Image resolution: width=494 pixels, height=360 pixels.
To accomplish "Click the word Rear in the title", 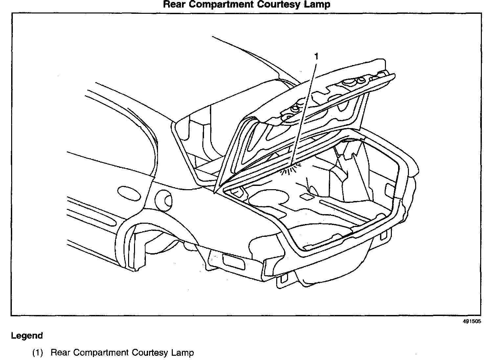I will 175,5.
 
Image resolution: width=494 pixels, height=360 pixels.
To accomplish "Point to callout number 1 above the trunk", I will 316,56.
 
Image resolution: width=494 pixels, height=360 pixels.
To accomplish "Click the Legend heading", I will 27,336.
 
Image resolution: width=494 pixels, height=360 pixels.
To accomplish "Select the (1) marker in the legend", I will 37,353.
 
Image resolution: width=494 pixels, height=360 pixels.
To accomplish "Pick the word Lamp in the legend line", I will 183,353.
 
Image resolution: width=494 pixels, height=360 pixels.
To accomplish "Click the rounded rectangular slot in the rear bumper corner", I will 234,260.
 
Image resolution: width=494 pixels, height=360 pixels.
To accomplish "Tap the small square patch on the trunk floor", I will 306,197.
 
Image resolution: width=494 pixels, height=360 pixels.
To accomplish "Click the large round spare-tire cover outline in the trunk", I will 269,199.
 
